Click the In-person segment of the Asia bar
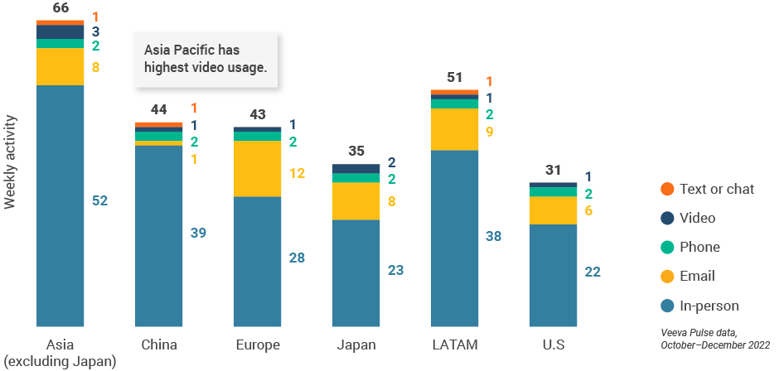tap(60, 205)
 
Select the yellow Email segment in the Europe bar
tap(257, 169)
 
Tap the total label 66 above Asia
tap(60, 8)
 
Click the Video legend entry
tap(696, 218)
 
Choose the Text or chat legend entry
tap(716, 189)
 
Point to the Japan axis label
tap(356, 344)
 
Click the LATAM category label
tap(454, 344)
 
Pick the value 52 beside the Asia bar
tap(99, 200)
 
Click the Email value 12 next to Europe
tap(298, 173)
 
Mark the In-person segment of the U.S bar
tap(553, 275)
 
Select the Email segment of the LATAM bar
tap(454, 129)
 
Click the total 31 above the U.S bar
tap(553, 171)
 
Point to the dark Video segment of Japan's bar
tap(356, 168)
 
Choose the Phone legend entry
tap(699, 247)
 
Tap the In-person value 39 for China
tap(198, 233)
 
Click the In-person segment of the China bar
tap(158, 235)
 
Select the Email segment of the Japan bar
tap(356, 200)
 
